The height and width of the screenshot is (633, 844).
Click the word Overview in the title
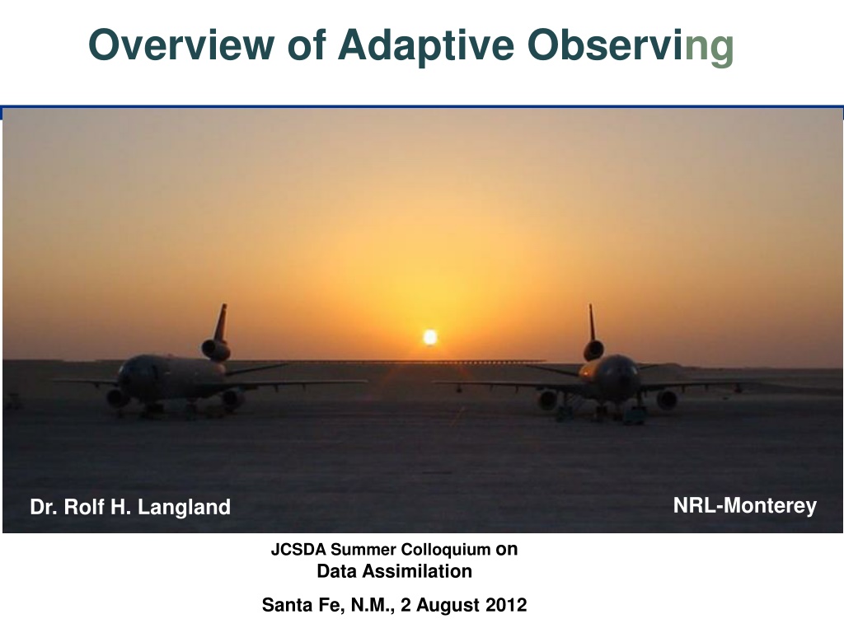181,45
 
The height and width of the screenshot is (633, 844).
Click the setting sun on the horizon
429,337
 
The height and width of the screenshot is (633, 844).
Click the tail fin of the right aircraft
592,322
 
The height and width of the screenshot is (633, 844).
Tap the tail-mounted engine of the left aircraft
216,349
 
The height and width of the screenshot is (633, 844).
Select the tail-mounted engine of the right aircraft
593,350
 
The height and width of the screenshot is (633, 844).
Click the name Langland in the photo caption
184,507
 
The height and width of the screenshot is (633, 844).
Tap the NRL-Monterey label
745,505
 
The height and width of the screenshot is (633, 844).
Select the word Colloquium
446,550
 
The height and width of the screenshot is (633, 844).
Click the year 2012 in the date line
506,605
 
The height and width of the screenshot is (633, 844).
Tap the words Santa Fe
303,605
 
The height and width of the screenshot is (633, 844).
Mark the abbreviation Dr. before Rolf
45,507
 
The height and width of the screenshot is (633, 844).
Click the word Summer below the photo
363,550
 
